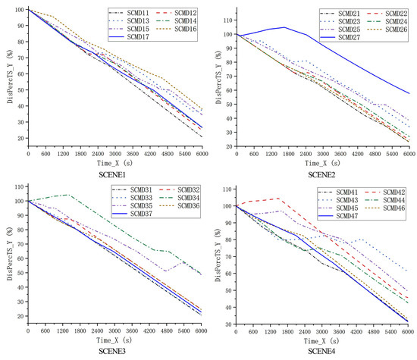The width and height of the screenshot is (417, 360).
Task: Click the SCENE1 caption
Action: click(x=115, y=173)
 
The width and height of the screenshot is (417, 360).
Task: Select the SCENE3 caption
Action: click(x=115, y=350)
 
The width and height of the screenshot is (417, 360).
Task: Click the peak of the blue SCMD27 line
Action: click(x=284, y=27)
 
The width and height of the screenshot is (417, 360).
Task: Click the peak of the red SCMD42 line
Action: click(x=279, y=199)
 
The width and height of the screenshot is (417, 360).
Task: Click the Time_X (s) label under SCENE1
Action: click(x=115, y=161)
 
